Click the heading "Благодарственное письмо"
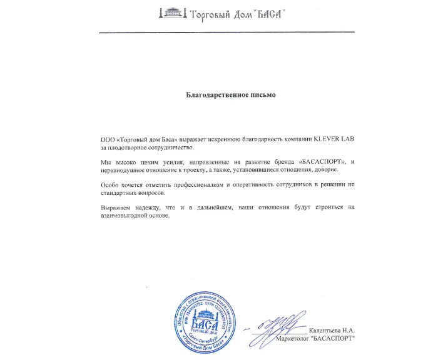tap(230, 96)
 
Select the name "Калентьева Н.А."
tap(334, 330)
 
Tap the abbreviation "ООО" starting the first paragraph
tap(107, 138)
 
